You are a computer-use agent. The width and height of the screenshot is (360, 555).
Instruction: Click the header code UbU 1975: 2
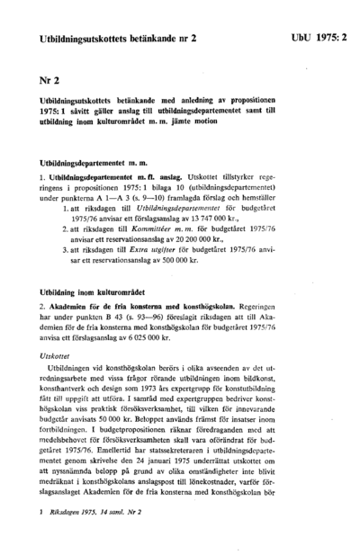(319, 40)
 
